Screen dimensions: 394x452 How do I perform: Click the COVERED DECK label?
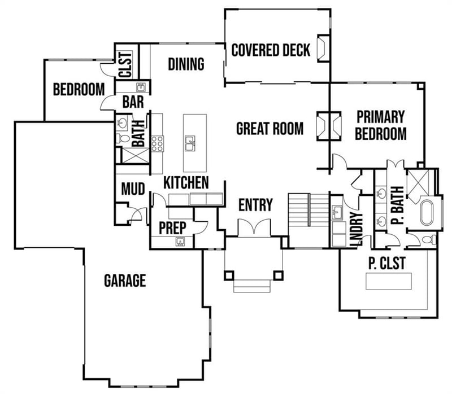(271, 50)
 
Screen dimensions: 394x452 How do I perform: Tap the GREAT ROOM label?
(270, 129)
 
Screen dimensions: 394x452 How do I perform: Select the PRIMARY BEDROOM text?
(381, 125)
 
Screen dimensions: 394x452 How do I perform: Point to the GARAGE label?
(125, 280)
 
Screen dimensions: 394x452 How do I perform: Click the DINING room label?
(186, 64)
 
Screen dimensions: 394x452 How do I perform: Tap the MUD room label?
(133, 189)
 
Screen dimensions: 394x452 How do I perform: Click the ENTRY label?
(255, 204)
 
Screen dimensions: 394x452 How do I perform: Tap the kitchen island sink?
(190, 144)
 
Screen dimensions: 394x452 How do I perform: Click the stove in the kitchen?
(157, 143)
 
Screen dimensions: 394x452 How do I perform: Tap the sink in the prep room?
(180, 242)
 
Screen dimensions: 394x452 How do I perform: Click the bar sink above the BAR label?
(141, 87)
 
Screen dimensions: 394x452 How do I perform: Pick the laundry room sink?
(338, 213)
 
